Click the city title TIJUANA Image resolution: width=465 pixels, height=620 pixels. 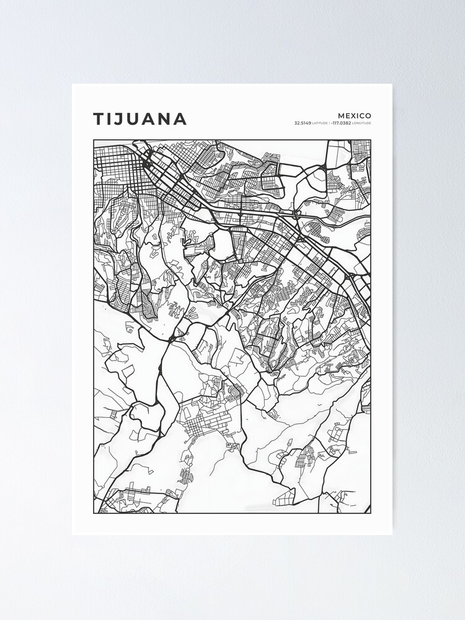(x=139, y=119)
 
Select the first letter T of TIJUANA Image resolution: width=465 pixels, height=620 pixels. (x=99, y=119)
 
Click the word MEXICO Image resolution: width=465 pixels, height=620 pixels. (x=355, y=115)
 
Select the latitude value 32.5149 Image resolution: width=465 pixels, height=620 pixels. (x=303, y=123)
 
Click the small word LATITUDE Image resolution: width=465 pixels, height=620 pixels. (x=320, y=123)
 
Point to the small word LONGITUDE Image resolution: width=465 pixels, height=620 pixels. (x=362, y=123)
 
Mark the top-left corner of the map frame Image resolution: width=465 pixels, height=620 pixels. (x=94, y=139)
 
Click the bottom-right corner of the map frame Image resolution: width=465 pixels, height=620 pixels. (x=371, y=513)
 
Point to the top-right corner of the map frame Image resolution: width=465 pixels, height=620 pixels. (x=371, y=139)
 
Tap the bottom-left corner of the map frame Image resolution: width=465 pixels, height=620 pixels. (x=94, y=513)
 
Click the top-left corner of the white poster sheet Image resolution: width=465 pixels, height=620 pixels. (x=72, y=84)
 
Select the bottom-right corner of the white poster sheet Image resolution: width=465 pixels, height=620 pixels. (x=392, y=534)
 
